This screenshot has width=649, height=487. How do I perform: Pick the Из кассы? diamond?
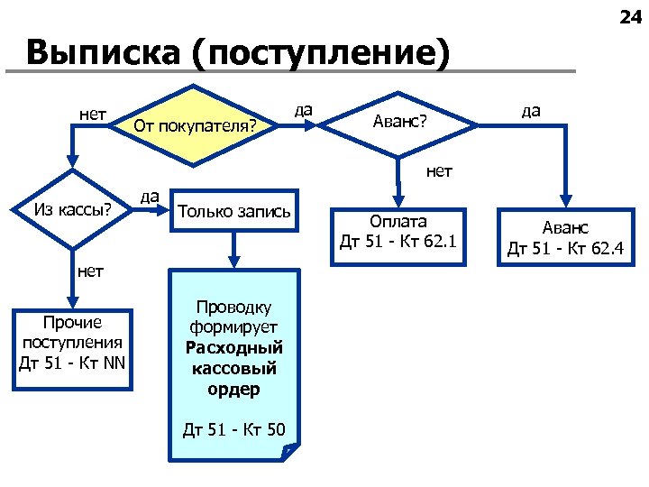click(x=72, y=210)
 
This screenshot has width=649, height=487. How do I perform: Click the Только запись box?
click(x=234, y=212)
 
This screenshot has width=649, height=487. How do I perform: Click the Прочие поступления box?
click(x=72, y=343)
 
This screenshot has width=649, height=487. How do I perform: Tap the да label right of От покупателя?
click(x=304, y=110)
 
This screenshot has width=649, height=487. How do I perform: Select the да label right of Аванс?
click(x=531, y=110)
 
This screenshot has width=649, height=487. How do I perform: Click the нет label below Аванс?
click(x=439, y=170)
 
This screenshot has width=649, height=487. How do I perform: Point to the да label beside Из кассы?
click(x=150, y=195)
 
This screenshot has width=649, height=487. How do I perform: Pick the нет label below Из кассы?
click(x=90, y=270)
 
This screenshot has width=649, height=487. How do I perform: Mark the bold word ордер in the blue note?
click(x=234, y=390)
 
